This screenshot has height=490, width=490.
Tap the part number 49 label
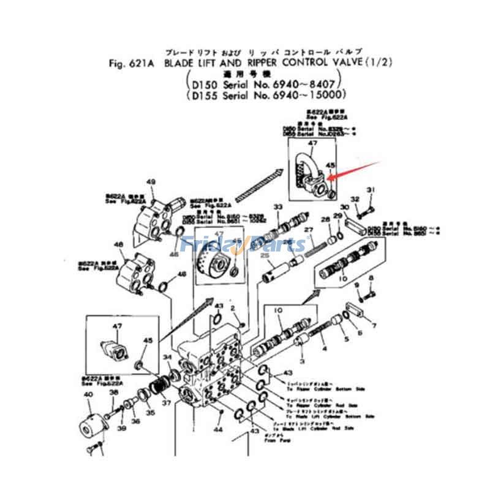[x=151, y=182]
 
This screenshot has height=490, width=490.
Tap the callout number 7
[x=374, y=325]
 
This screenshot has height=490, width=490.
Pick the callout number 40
[x=88, y=395]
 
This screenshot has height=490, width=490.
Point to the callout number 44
[x=217, y=429]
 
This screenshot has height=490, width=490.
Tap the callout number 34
[x=167, y=358]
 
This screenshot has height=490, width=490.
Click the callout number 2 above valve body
[x=233, y=307]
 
